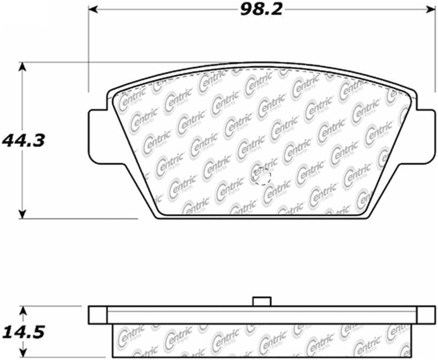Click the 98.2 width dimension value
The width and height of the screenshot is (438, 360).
coord(261,10)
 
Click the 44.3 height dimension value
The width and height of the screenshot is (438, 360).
coord(23,141)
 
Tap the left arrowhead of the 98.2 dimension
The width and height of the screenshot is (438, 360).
coord(93,10)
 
